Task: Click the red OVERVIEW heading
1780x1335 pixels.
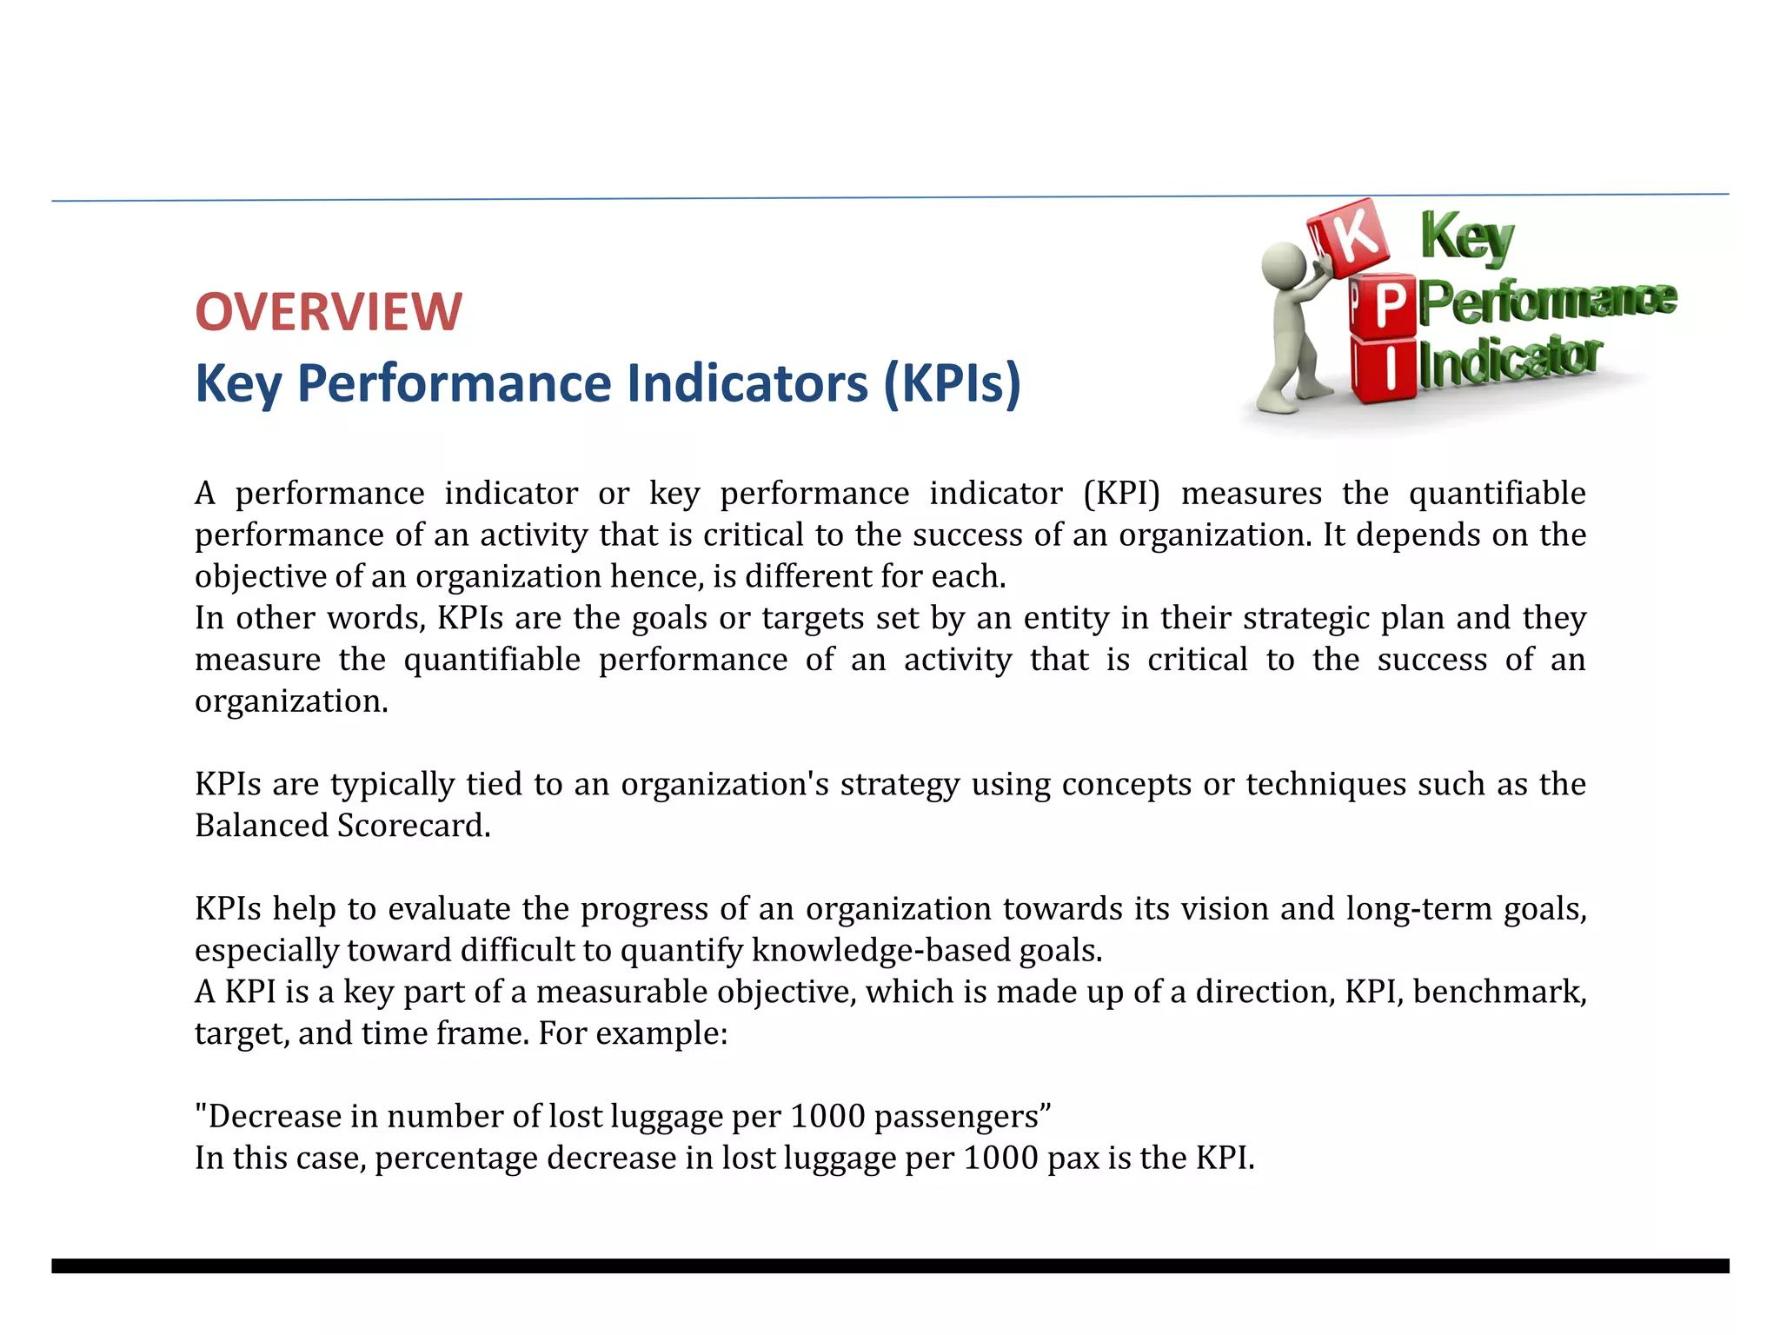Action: (329, 311)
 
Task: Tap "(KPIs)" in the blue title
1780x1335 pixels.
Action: (952, 383)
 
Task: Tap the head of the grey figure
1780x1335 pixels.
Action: (1282, 262)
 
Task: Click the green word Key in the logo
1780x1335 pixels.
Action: (1467, 237)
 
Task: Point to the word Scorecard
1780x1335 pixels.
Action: (414, 826)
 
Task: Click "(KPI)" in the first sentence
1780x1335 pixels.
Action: (1121, 494)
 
